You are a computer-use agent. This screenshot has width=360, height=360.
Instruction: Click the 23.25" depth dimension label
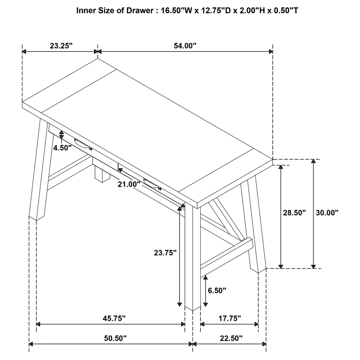point(61,46)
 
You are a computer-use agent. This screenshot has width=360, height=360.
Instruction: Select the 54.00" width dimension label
point(185,46)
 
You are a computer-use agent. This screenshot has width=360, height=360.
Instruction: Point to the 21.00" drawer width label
point(129,184)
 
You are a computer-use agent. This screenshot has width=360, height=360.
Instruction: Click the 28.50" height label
point(295,212)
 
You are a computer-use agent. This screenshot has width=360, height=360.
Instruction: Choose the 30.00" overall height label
point(327,212)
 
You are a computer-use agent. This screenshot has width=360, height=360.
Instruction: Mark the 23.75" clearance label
point(165,253)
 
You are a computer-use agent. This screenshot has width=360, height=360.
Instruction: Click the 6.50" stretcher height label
point(217,290)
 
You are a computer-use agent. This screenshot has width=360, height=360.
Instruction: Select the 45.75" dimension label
point(114,318)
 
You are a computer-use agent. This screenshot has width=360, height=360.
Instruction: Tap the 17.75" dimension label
point(229,318)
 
